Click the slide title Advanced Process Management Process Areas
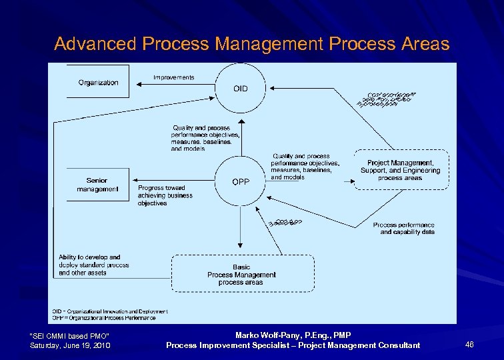[252, 44]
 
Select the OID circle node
[240, 88]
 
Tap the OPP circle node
[240, 181]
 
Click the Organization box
[99, 82]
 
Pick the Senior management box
[97, 185]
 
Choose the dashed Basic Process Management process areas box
[243, 274]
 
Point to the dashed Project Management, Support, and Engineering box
[401, 170]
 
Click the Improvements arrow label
[173, 77]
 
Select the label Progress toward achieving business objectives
[165, 195]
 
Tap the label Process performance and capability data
[403, 229]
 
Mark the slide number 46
[469, 345]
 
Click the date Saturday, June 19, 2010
[70, 345]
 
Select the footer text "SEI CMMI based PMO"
[70, 335]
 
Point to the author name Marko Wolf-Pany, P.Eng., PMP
[293, 335]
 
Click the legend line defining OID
[110, 311]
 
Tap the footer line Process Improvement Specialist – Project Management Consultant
[293, 345]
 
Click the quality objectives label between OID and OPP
[201, 138]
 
